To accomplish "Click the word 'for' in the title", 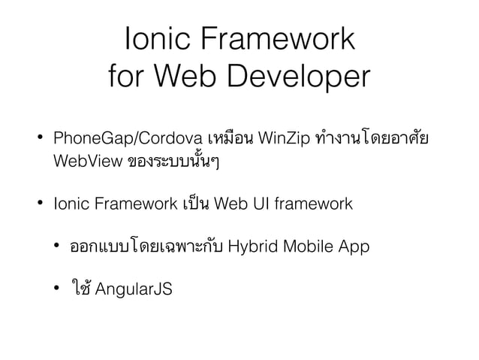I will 128,76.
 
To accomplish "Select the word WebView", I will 82,162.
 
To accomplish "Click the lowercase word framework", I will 312,204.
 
